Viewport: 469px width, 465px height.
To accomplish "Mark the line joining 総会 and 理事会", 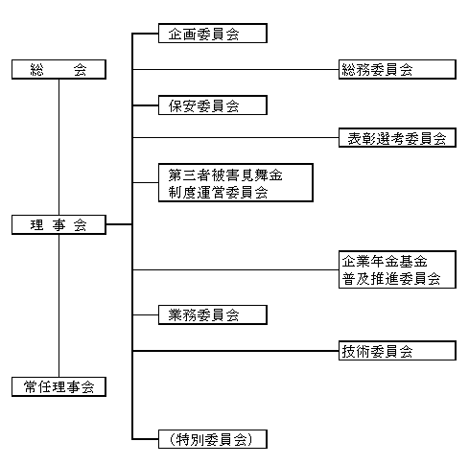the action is click(x=59, y=147).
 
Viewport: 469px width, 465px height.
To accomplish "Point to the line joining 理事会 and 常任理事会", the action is click(x=59, y=306).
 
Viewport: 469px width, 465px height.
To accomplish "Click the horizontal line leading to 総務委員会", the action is click(x=236, y=69).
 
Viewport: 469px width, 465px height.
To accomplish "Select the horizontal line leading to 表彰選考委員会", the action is click(x=236, y=138).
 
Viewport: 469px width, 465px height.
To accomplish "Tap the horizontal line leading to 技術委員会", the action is click(x=236, y=351).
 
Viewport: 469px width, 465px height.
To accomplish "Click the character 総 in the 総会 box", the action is click(x=37, y=70).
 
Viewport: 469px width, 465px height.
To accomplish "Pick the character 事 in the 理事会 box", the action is click(x=59, y=225).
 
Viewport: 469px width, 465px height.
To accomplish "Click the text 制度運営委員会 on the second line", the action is click(x=218, y=193).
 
